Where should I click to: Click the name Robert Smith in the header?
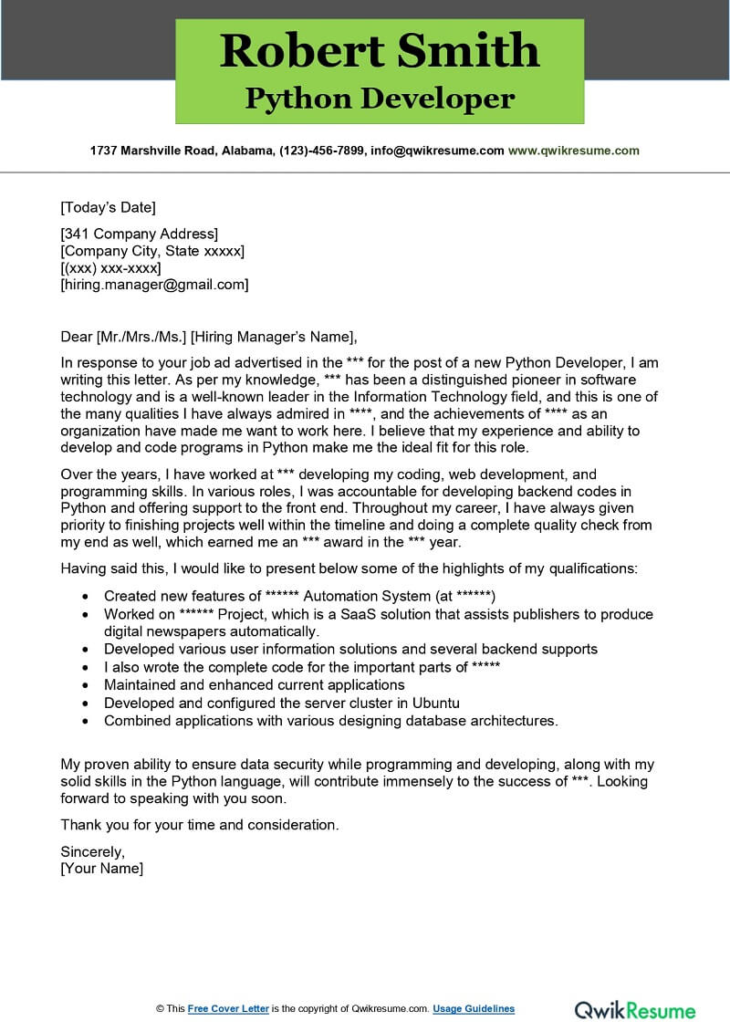[x=380, y=51]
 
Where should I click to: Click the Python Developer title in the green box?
[x=380, y=99]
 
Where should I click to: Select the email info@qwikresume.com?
[x=438, y=151]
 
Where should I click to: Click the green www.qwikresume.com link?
[x=573, y=151]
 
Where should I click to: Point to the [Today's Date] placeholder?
[x=108, y=207]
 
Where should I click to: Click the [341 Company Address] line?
[x=139, y=235]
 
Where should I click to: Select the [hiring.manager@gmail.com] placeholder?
[x=154, y=284]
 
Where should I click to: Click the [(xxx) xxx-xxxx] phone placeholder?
[x=110, y=267]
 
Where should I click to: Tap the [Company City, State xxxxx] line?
[x=152, y=251]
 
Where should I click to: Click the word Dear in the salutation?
[x=77, y=334]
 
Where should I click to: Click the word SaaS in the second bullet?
[x=359, y=614]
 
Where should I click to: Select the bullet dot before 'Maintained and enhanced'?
[x=85, y=685]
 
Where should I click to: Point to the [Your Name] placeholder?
[x=102, y=868]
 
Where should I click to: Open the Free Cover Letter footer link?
[x=228, y=1008]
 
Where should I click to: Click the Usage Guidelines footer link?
[x=473, y=1008]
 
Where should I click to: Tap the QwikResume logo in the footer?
[x=634, y=1009]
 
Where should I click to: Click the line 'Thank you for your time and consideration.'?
[x=200, y=824]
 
